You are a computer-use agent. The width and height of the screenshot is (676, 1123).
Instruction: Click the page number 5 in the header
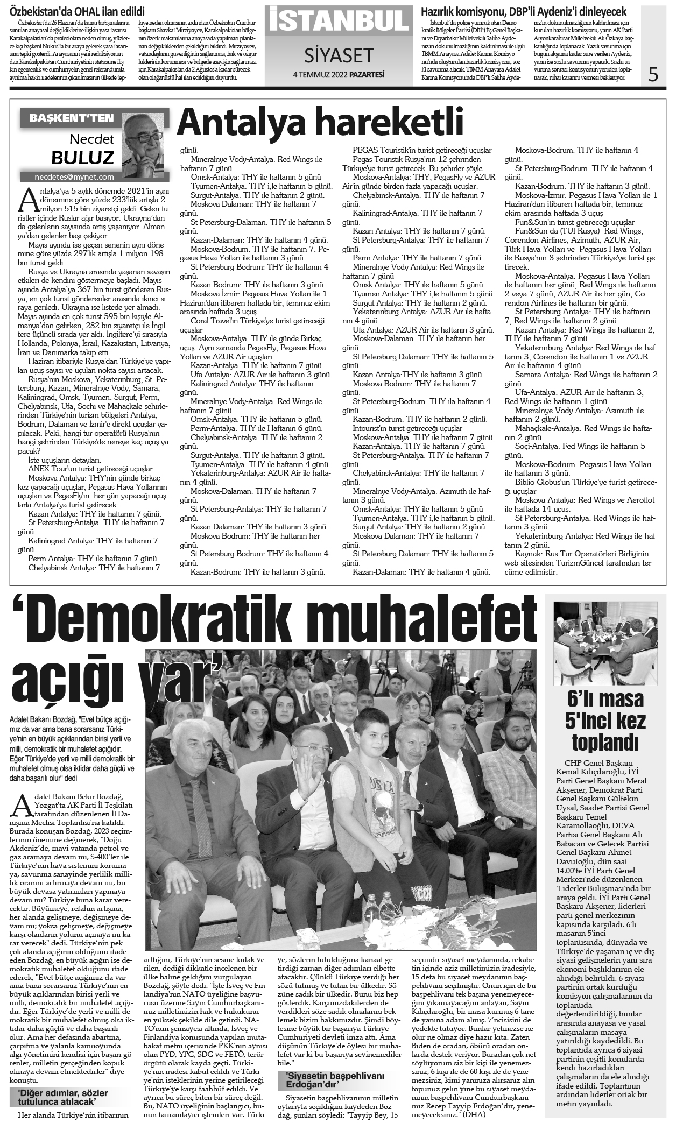[x=653, y=73]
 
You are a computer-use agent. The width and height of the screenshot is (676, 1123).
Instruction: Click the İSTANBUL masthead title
[x=338, y=20]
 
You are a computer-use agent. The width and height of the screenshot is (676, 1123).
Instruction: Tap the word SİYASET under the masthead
[x=339, y=54]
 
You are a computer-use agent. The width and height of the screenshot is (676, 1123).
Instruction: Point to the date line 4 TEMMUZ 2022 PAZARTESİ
[x=339, y=75]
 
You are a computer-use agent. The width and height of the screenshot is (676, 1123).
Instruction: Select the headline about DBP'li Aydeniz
[x=523, y=11]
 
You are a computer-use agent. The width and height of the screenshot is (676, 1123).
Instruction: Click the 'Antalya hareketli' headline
[x=320, y=123]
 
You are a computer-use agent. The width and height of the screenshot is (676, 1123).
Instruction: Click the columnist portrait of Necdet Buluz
[x=145, y=143]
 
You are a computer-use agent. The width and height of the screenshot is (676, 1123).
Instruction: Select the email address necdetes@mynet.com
[x=74, y=176]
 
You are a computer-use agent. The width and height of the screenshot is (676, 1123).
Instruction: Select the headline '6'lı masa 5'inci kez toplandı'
[x=605, y=721]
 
